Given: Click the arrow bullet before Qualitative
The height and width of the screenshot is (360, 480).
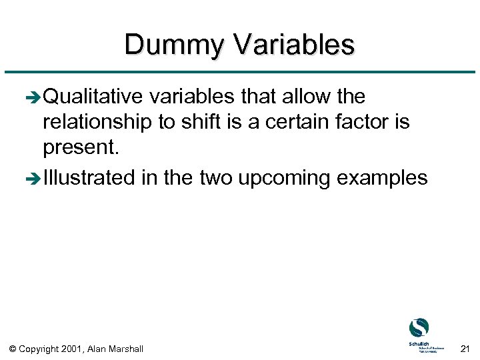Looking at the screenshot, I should pyautogui.click(x=34, y=98).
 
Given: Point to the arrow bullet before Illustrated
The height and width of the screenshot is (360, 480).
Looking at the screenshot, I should pyautogui.click(x=34, y=179).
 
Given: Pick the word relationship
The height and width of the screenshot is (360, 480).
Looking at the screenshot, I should pyautogui.click(x=95, y=123).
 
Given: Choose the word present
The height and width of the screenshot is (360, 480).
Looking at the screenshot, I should pyautogui.click(x=81, y=148).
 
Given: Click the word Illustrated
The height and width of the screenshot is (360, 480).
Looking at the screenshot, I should pyautogui.click(x=89, y=178).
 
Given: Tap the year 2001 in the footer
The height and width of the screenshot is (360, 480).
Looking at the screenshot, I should pyautogui.click(x=72, y=349).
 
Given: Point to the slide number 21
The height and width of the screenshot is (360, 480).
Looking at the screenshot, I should pyautogui.click(x=465, y=348).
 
